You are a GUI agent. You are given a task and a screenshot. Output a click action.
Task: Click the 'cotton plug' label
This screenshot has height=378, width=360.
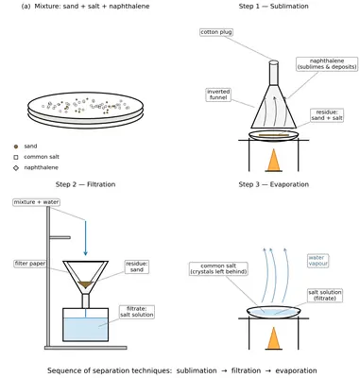pos(216,32)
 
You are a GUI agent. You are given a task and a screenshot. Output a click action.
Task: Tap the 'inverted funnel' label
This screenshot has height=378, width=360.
pos(218,94)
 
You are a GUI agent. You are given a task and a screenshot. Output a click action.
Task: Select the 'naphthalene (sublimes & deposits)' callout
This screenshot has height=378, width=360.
pos(327,64)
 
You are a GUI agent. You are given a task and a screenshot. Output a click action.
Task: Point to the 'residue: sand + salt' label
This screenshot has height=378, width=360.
pos(327,115)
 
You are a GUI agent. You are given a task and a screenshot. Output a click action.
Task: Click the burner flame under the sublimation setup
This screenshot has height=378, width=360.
pos(273,160)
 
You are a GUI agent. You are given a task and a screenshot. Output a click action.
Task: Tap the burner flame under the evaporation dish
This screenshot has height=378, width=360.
pos(273,338)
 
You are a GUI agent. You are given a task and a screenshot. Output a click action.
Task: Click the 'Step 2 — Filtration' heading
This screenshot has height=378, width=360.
pos(85,184)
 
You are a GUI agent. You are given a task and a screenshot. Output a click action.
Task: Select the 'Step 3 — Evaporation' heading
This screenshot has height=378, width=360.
pos(273,184)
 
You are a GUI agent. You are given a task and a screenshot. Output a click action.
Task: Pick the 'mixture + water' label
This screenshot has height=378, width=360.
pos(36,202)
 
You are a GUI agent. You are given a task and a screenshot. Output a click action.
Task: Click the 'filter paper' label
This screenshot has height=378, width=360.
pos(30,264)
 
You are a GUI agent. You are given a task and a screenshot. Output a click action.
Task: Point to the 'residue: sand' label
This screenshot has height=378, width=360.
pos(137,266)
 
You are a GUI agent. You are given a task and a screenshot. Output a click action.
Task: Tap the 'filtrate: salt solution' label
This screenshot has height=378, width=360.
pos(137,312)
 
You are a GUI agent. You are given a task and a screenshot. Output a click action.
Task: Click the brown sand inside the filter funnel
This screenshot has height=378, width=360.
pos(85,284)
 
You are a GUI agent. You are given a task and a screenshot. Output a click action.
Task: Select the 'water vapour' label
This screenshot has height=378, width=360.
pos(318,261)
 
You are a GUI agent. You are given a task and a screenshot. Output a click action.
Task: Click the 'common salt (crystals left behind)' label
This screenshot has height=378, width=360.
pos(218,268)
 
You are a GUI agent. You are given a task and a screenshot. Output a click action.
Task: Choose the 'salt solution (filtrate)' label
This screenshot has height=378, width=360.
pos(325,295)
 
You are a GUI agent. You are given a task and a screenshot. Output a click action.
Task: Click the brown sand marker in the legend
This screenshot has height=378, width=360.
pos(16,146)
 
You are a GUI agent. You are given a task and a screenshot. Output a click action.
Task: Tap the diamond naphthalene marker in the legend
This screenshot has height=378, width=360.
pos(16,168)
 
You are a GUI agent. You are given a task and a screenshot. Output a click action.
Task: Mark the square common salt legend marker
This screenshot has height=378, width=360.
pos(16,157)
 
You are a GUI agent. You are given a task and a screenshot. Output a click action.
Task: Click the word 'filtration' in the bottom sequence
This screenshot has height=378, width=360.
pos(246,370)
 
